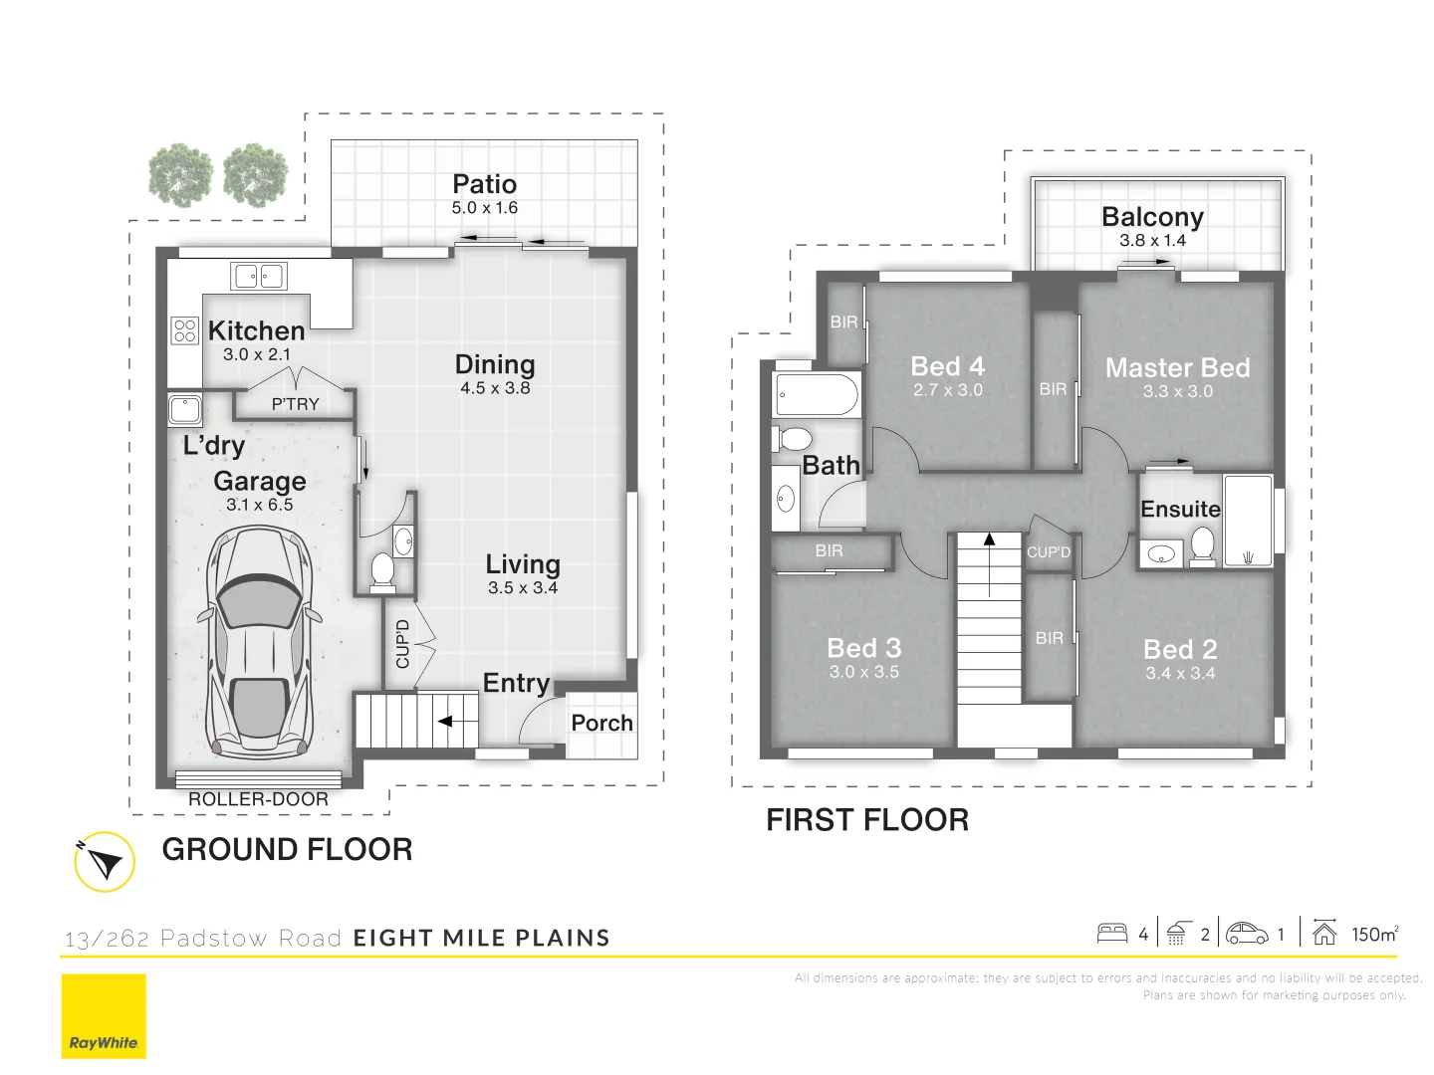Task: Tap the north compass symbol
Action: (x=104, y=861)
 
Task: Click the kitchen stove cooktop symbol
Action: (x=184, y=329)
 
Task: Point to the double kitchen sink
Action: (x=259, y=276)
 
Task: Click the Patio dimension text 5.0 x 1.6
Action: (x=484, y=208)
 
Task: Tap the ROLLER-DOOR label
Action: (x=258, y=799)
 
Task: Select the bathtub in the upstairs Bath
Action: (x=817, y=395)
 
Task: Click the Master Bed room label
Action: (x=1177, y=367)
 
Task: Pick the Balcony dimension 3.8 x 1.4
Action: (x=1152, y=240)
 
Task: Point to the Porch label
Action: (x=601, y=723)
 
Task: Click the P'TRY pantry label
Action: (x=295, y=404)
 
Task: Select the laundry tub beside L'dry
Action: (x=185, y=409)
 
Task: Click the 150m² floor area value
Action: (x=1374, y=934)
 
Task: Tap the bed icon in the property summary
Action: (x=1111, y=933)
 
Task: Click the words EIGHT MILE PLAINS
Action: (x=481, y=938)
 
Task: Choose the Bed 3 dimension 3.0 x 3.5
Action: (x=863, y=672)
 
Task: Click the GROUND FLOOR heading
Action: (x=287, y=849)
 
